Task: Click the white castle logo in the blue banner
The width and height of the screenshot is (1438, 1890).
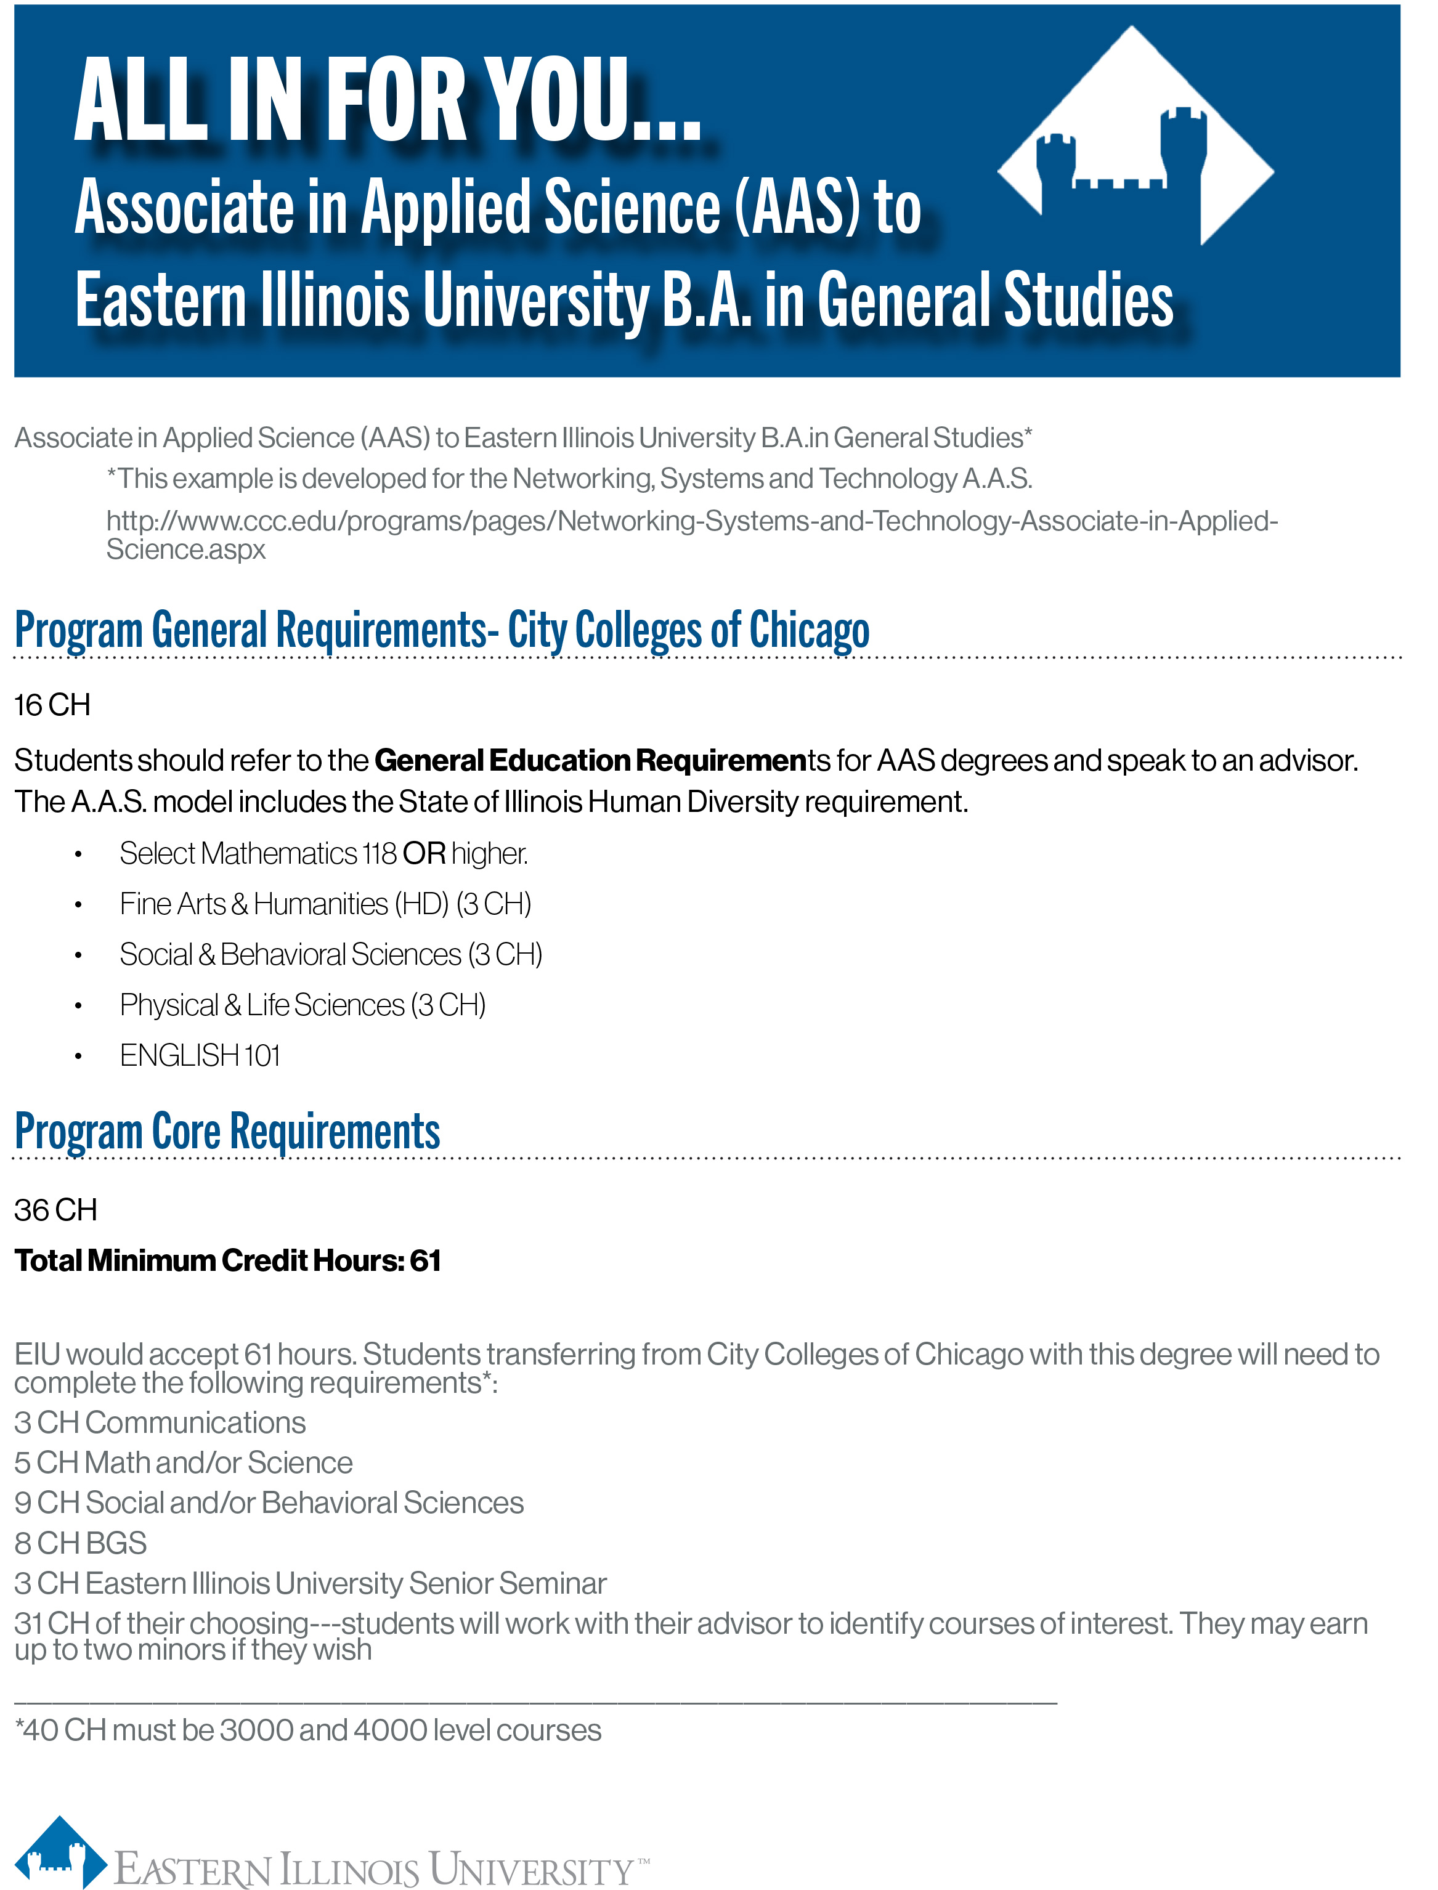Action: (x=1135, y=141)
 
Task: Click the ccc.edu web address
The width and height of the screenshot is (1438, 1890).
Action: (x=692, y=534)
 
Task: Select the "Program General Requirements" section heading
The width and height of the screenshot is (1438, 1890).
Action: (x=442, y=630)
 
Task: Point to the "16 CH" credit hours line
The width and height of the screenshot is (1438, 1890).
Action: (x=52, y=705)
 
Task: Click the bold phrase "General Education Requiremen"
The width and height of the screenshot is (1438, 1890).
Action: (x=591, y=760)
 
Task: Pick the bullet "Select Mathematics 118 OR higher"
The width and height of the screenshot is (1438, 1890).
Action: (x=323, y=853)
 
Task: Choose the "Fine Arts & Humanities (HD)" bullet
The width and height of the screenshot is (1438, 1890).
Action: (x=325, y=904)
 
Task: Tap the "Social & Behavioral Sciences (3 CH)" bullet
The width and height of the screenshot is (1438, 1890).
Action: (x=330, y=954)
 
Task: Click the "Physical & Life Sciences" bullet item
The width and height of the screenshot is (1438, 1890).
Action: (x=302, y=1005)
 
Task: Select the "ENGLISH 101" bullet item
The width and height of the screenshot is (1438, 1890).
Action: (x=200, y=1055)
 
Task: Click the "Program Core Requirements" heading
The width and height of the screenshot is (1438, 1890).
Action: (x=228, y=1131)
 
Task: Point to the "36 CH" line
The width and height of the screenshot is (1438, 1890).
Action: (x=55, y=1209)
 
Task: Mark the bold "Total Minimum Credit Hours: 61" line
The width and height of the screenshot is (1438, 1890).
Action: (x=228, y=1260)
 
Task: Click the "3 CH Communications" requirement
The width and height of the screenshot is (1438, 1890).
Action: (x=160, y=1422)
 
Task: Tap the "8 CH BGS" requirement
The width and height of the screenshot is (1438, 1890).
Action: (x=81, y=1543)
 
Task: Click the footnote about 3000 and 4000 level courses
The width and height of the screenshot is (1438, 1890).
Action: (x=308, y=1730)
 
